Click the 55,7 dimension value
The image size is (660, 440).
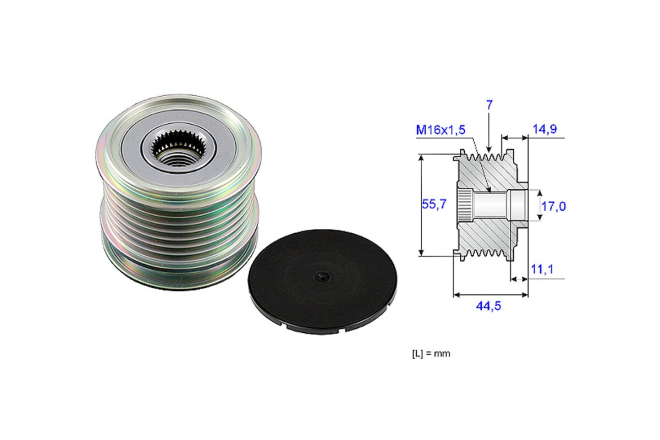pos(434,204)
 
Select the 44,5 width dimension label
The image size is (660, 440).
pos(488,306)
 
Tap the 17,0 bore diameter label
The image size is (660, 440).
pos(554,207)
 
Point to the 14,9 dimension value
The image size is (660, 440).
pos(545,129)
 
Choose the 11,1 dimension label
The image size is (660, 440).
pos(542,269)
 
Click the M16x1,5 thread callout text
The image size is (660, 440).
pos(441,130)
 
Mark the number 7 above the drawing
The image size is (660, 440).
pos(489,105)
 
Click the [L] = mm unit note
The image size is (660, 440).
pos(431,354)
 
